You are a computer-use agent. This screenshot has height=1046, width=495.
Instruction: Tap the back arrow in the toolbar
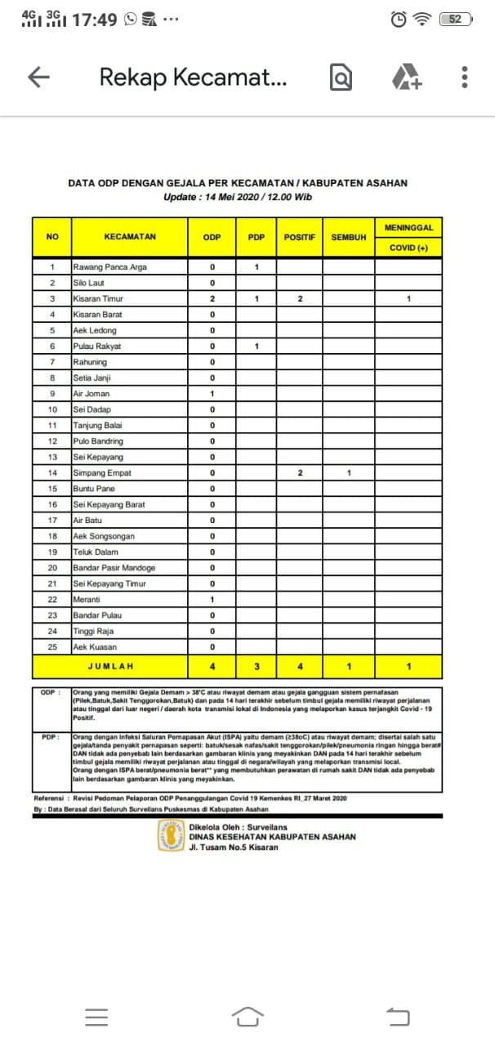click(38, 78)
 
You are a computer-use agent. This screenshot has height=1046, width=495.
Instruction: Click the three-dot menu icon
click(464, 78)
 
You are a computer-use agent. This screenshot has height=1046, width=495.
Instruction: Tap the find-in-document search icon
click(341, 78)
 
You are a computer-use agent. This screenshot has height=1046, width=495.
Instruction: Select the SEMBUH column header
click(348, 237)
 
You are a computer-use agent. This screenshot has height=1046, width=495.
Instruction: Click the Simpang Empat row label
click(102, 473)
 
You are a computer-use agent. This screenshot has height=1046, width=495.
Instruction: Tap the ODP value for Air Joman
click(212, 394)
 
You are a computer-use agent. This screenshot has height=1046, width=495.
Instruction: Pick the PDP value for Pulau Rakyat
click(256, 346)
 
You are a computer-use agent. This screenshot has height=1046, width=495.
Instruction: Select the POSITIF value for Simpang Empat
click(300, 473)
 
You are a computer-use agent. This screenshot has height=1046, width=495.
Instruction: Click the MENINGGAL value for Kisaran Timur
click(408, 299)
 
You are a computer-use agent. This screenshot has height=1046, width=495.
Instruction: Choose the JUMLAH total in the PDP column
click(256, 666)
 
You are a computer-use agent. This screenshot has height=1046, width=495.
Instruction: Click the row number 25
click(52, 647)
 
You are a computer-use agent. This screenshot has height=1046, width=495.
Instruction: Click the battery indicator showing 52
click(456, 20)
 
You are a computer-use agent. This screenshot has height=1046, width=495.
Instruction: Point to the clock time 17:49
click(95, 20)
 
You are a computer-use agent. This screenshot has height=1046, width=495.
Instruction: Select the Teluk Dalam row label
click(96, 552)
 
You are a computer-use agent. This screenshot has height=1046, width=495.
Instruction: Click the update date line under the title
click(238, 197)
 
